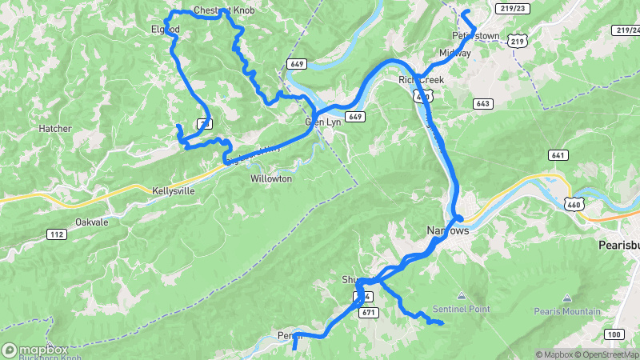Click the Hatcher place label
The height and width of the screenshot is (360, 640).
(55, 128)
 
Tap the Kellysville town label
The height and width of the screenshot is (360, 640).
(173, 192)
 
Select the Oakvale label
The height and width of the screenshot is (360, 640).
(91, 222)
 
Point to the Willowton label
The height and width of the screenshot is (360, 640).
(271, 178)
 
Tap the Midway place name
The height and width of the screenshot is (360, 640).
(454, 54)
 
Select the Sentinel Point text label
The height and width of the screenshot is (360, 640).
(460, 308)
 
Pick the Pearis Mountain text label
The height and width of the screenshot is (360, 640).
(568, 310)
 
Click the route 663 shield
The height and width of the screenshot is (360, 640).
(482, 103)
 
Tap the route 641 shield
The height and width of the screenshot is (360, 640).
(558, 154)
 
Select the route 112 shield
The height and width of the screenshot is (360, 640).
(56, 234)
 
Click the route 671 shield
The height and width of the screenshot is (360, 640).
(368, 311)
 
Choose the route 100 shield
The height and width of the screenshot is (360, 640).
(614, 334)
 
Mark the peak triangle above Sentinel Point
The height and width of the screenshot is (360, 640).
(460, 295)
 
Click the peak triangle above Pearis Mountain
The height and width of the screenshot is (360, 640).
(568, 298)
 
